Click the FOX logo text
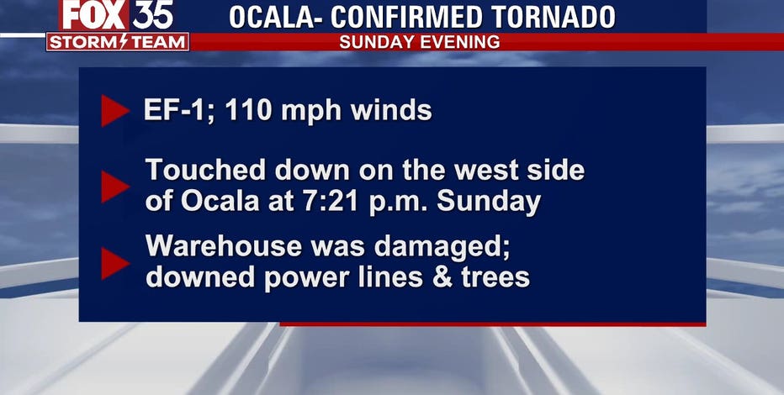tap(94, 14)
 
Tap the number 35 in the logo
tap(153, 14)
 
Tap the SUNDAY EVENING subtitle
tap(420, 42)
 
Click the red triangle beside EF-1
tap(115, 110)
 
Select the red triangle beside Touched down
tap(115, 187)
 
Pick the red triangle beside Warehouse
tap(115, 263)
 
